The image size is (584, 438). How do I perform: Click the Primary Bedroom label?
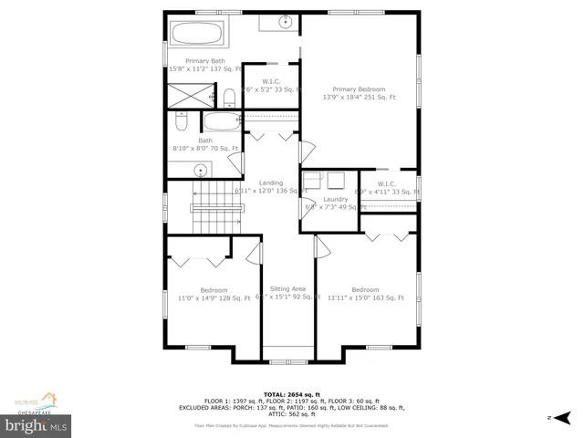pyautogui.click(x=359, y=89)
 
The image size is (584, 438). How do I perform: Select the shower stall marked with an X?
pyautogui.click(x=187, y=96)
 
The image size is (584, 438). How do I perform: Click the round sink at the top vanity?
pyautogui.click(x=285, y=21)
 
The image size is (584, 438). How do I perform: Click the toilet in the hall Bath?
pyautogui.click(x=181, y=122)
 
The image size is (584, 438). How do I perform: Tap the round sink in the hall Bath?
pyautogui.click(x=202, y=169)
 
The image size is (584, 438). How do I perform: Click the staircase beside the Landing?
pyautogui.click(x=215, y=207)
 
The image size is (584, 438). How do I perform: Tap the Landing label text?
pyautogui.click(x=271, y=182)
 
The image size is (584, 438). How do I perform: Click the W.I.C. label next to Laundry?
pyautogui.click(x=386, y=183)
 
